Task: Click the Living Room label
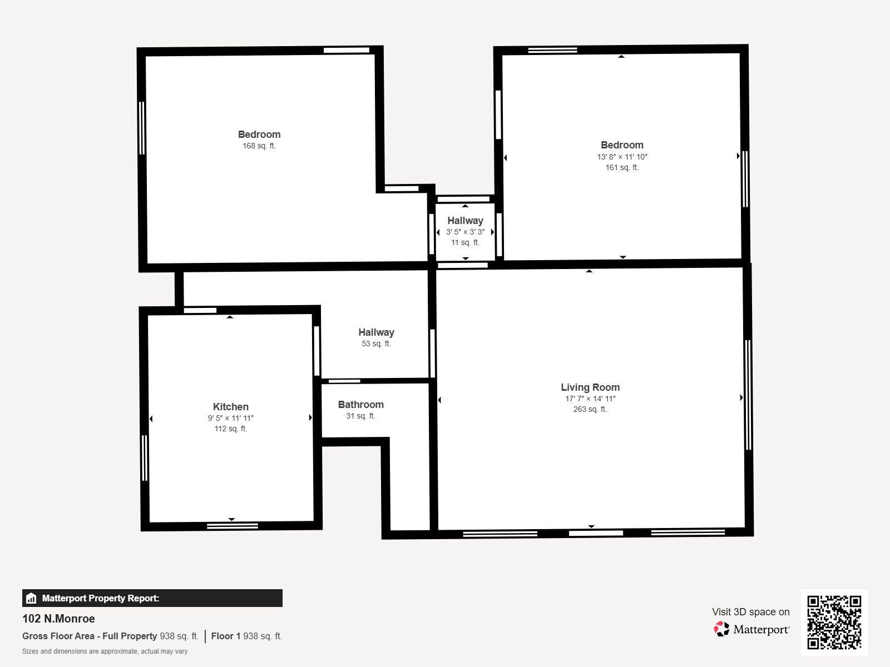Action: (x=590, y=387)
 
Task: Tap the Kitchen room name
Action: (x=230, y=407)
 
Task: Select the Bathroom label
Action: (x=360, y=405)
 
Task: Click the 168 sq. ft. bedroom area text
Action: (x=259, y=146)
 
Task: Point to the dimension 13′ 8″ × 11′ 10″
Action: (x=622, y=157)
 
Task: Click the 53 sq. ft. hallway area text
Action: (x=376, y=344)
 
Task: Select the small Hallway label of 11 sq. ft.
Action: (x=465, y=221)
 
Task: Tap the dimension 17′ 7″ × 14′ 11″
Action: (x=590, y=399)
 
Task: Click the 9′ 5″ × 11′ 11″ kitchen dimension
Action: (x=230, y=418)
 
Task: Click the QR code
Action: (x=834, y=622)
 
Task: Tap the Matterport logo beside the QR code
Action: (x=751, y=629)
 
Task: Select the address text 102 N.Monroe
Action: (x=58, y=619)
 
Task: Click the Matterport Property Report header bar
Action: (x=152, y=598)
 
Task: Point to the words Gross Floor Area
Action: (x=61, y=636)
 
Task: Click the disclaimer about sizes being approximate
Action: (x=105, y=651)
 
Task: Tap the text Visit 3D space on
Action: (x=750, y=612)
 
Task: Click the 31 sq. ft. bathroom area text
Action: (x=360, y=416)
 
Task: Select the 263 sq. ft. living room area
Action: (x=590, y=410)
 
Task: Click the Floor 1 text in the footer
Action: (x=225, y=636)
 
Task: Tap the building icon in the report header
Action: (x=31, y=599)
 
